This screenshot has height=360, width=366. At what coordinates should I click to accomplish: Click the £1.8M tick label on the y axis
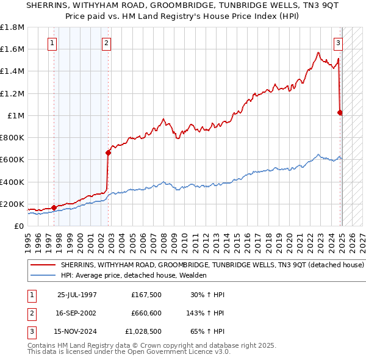point(12,27)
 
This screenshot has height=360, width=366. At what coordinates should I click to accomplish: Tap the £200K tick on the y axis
point(12,204)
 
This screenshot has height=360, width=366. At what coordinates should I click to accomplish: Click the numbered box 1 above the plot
point(52,43)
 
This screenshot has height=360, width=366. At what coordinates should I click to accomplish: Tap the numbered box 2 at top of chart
point(106,43)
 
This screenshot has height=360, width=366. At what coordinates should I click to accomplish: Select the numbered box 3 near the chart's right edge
point(338,43)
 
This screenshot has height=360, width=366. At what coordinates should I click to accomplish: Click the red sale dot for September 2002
point(108,153)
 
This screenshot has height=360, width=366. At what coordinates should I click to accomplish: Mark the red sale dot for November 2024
point(340,112)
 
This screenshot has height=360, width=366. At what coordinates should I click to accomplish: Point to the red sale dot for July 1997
point(54,207)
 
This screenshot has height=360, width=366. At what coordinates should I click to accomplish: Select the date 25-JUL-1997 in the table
point(77,295)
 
